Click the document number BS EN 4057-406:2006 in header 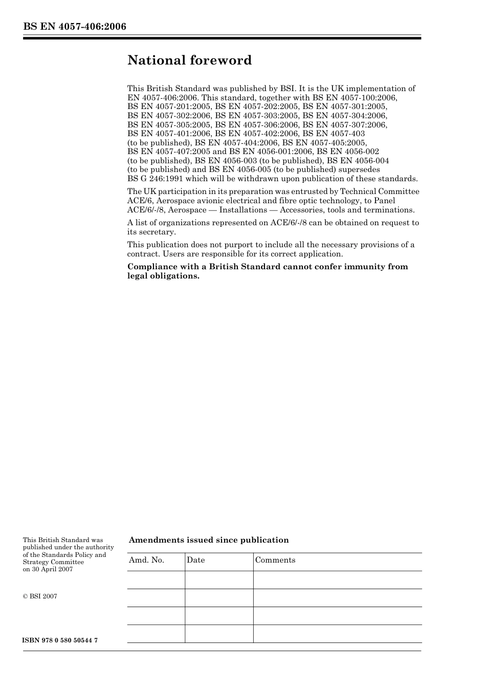75,27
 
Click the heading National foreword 189,60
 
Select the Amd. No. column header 146,560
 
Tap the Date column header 195,560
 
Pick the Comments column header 275,560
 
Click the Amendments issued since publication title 209,540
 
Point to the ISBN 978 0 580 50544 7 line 60,640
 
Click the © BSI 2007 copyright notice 40,596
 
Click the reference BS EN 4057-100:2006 355,97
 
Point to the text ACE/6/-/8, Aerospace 167,210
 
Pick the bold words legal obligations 163,276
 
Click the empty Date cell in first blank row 219,580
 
